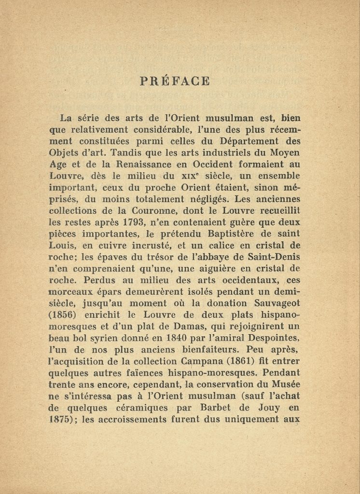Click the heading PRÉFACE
(175, 81)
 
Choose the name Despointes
(272, 338)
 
